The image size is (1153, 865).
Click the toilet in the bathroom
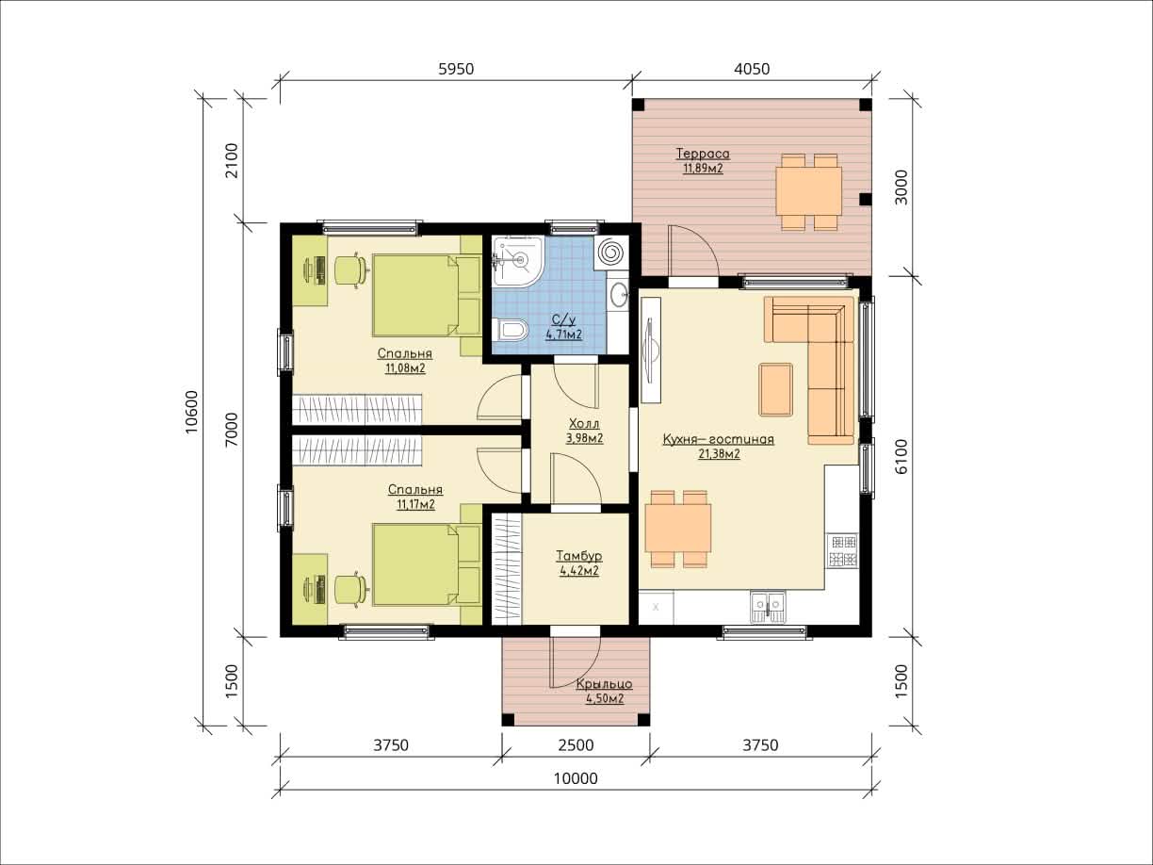(x=512, y=330)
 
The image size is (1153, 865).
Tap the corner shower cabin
(x=517, y=261)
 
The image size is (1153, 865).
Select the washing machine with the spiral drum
(x=612, y=253)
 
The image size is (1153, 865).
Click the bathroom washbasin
(x=619, y=295)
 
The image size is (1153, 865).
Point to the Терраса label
(x=703, y=154)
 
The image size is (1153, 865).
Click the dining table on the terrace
(x=809, y=191)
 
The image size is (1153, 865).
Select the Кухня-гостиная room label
(x=718, y=439)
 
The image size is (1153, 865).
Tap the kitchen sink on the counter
(x=768, y=607)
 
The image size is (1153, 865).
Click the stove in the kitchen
(x=842, y=550)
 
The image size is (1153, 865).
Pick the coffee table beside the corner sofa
(x=776, y=389)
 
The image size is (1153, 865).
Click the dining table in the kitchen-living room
(x=678, y=529)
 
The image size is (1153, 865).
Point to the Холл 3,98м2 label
(x=584, y=431)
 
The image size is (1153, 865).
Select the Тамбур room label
(x=579, y=555)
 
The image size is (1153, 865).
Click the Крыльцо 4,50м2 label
(x=605, y=692)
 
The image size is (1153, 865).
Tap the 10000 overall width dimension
(x=576, y=777)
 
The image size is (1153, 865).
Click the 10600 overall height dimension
(x=192, y=412)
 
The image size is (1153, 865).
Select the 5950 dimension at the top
(x=456, y=69)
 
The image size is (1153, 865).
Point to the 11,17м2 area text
(x=416, y=505)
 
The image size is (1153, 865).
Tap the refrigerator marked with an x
(x=656, y=608)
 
